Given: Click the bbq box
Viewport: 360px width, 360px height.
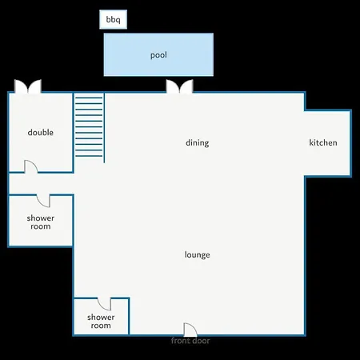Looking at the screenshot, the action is tap(113, 19).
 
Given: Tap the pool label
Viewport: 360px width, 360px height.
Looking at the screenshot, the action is tap(158, 55).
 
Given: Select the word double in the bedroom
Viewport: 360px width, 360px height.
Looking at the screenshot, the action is tap(41, 132).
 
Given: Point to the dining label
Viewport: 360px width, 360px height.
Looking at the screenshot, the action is tap(198, 142).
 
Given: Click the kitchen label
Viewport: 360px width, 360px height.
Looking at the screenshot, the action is tap(323, 142).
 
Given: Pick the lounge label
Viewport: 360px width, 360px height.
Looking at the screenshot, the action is tap(198, 254).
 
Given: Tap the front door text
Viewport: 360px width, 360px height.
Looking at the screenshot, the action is tap(190, 341).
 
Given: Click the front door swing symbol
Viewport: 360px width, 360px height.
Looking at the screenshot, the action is tap(190, 330).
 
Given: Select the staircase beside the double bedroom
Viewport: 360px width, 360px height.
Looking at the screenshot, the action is tap(89, 126).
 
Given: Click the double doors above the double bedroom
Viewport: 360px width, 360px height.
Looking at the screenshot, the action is tap(28, 86).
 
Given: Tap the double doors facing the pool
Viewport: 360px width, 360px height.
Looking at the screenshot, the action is tap(180, 86).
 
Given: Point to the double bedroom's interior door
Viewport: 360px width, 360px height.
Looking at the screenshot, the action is tap(31, 166).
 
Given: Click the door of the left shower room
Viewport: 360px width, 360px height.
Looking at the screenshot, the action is tap(43, 201).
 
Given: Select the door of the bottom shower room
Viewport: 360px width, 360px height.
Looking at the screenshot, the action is tap(104, 304).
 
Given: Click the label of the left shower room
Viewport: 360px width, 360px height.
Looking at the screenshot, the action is tap(41, 222).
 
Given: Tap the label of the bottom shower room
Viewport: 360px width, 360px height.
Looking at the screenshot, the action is tap(101, 322).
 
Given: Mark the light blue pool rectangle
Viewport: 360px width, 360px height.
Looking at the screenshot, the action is tap(158, 54).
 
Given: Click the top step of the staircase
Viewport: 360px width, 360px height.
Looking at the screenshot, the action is tap(89, 98).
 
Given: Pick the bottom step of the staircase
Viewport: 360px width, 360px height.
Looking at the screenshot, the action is tap(89, 156).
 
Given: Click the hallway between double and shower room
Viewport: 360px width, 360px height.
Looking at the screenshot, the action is tap(42, 184).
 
